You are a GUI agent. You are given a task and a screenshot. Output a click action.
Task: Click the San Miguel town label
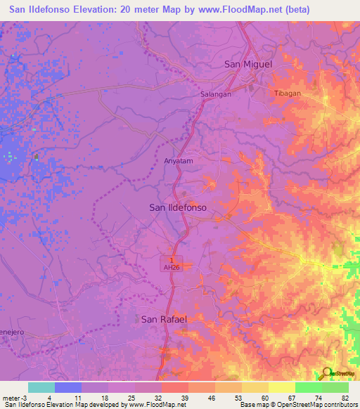(247, 64)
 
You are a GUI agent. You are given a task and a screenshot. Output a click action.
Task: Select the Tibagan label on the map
(285, 92)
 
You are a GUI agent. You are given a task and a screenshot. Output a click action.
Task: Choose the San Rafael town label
(164, 319)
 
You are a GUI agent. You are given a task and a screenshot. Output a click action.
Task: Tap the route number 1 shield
(172, 260)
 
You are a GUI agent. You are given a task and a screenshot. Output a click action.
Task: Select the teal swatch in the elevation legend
(41, 387)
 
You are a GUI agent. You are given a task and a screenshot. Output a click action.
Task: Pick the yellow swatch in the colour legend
(281, 387)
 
